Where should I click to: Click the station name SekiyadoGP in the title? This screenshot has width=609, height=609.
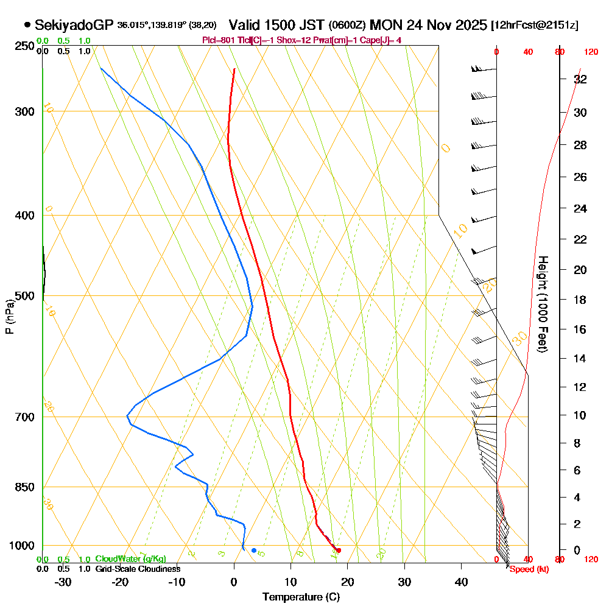click(x=74, y=25)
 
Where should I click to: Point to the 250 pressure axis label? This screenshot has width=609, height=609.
click(x=24, y=46)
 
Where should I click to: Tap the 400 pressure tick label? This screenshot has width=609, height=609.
click(x=24, y=215)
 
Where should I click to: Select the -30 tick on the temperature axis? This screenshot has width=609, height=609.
click(x=63, y=582)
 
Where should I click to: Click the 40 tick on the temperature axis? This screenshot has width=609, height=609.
click(x=461, y=582)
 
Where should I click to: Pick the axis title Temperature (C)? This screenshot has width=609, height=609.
click(x=301, y=597)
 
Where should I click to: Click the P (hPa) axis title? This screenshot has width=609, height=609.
click(x=9, y=316)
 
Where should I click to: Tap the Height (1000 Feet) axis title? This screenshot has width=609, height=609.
click(x=541, y=304)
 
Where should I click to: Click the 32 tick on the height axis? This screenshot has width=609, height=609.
click(x=580, y=79)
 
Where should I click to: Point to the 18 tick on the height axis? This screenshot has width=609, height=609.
click(x=580, y=300)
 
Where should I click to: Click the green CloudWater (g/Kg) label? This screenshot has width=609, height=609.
click(x=130, y=559)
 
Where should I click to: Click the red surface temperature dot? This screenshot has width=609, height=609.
click(x=339, y=550)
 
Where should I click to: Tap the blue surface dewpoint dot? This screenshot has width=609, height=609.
click(x=254, y=551)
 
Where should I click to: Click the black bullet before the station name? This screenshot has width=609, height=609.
click(x=27, y=25)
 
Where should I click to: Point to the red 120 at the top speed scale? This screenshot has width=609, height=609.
click(x=590, y=52)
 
